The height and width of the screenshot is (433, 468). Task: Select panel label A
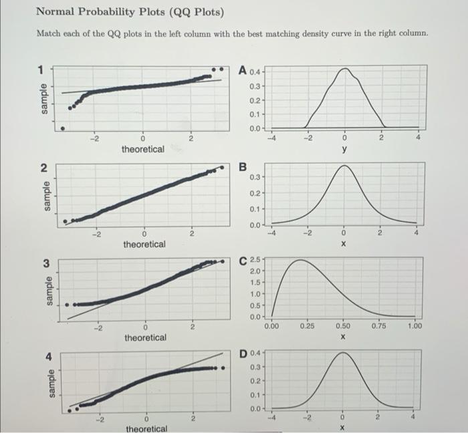[x=243, y=71]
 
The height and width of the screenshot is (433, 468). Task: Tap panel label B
[x=243, y=167]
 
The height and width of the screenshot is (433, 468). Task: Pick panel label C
[x=243, y=261]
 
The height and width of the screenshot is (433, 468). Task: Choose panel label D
[x=243, y=354]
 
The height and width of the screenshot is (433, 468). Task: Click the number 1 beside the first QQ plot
[x=41, y=70]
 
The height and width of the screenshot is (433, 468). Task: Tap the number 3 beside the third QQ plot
[x=46, y=263]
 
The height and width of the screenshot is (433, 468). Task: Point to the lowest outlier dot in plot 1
[x=63, y=128]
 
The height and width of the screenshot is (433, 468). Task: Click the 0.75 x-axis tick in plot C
[x=378, y=326]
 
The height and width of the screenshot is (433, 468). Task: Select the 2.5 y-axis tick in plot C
[x=255, y=259]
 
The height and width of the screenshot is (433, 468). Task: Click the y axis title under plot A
[x=344, y=149]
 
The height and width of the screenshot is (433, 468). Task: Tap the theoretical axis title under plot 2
[x=144, y=245]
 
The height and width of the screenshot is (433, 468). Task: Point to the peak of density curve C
[x=300, y=260]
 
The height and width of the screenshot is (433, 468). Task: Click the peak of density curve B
[x=344, y=166]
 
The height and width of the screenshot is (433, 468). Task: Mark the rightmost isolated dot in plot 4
[x=223, y=368]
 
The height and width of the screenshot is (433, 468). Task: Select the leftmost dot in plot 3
[x=67, y=305]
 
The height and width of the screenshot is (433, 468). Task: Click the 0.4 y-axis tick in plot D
[x=255, y=353]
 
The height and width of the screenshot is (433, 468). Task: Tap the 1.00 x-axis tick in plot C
[x=415, y=326]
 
